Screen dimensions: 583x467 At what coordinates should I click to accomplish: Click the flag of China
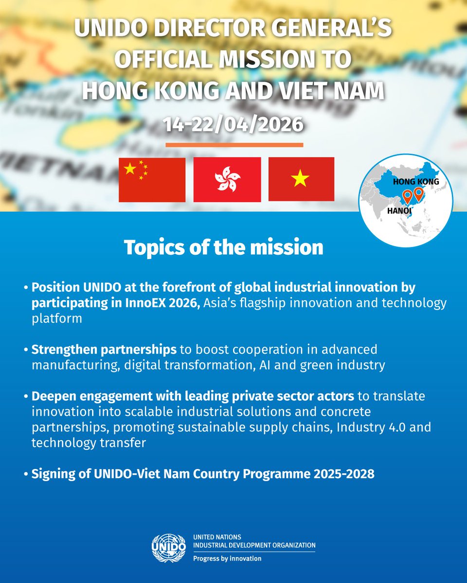[152, 179]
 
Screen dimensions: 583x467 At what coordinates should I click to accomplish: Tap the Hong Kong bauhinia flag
[227, 179]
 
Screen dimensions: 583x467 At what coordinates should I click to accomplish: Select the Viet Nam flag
[301, 179]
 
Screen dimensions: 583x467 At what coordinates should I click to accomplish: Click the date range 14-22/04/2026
[234, 124]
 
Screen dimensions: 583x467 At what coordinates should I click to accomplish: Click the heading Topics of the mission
[223, 247]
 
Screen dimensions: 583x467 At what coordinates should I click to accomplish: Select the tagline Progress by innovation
[227, 558]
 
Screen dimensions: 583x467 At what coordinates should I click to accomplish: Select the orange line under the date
[234, 144]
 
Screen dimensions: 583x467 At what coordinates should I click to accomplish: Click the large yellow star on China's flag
[130, 169]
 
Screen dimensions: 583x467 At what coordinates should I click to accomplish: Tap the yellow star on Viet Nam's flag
[300, 180]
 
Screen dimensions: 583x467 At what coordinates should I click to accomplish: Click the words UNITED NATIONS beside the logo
[216, 537]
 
